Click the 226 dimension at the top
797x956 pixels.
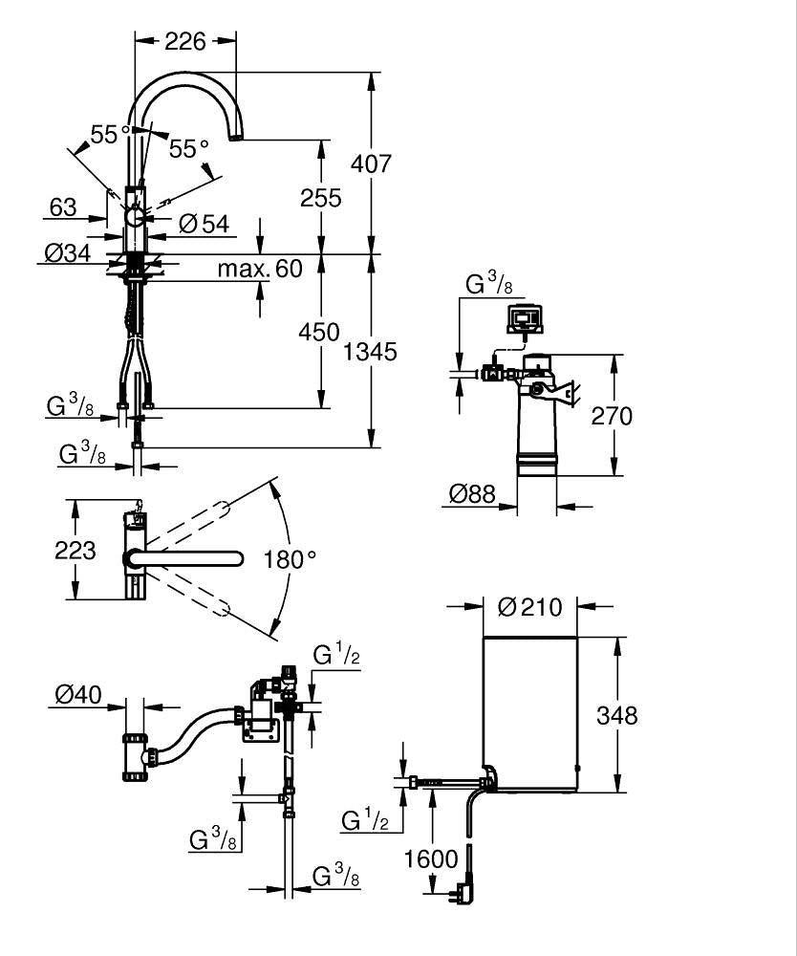[x=185, y=41]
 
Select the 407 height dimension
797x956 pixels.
[x=371, y=163]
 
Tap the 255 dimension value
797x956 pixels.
[x=320, y=198]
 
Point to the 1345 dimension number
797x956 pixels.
[x=370, y=352]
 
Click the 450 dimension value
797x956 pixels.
[x=318, y=332]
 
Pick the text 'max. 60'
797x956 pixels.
[x=260, y=269]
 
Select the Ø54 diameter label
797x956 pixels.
[x=205, y=224]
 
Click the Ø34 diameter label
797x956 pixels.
[x=68, y=252]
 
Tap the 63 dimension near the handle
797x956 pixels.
[x=63, y=207]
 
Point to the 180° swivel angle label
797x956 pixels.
[x=290, y=558]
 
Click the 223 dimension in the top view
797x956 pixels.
[x=75, y=551]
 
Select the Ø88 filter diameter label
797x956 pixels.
[x=473, y=493]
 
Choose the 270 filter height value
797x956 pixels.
[x=612, y=416]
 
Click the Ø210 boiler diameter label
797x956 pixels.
[x=529, y=607]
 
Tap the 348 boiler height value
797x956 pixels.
[x=616, y=715]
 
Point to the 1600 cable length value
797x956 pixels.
[x=431, y=859]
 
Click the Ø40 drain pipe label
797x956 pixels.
[x=78, y=694]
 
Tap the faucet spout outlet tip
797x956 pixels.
[x=237, y=138]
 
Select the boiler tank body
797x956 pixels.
[x=529, y=714]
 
